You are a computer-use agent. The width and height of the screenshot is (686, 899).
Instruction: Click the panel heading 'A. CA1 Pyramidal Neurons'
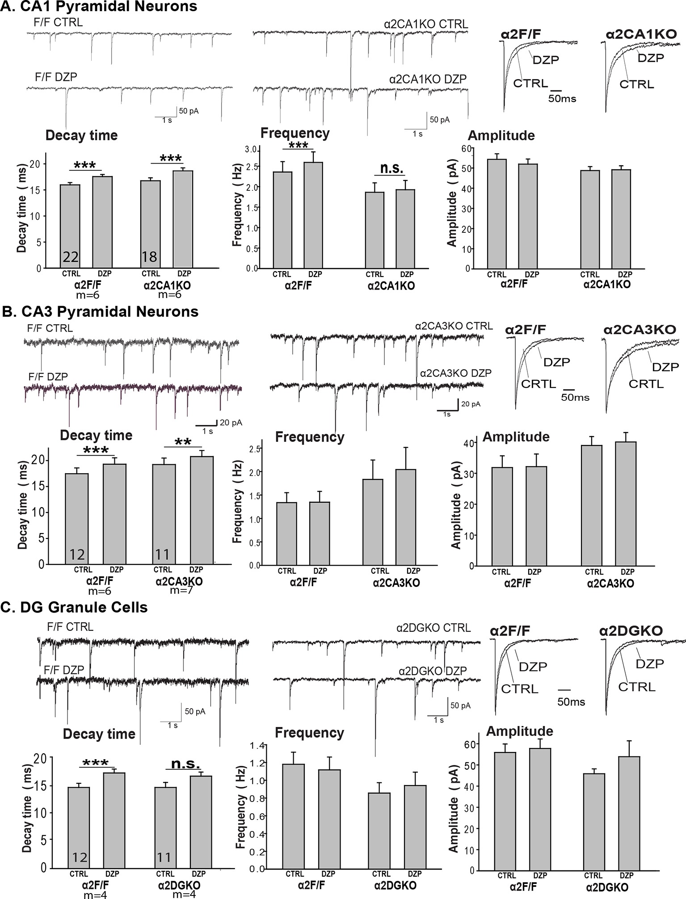click(x=99, y=7)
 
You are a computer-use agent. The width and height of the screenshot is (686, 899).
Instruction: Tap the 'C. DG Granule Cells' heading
click(x=75, y=607)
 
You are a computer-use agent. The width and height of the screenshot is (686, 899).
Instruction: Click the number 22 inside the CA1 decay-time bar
click(x=71, y=257)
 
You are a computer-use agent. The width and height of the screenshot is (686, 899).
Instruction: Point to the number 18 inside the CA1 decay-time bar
click(x=150, y=257)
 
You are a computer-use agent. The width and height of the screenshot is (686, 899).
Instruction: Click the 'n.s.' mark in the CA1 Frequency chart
click(x=391, y=168)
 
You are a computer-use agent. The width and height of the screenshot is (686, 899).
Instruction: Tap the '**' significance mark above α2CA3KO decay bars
click(x=183, y=442)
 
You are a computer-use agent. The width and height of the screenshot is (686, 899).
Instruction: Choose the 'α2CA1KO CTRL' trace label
click(x=426, y=24)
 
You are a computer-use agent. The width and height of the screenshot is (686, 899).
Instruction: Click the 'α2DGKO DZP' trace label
click(x=432, y=671)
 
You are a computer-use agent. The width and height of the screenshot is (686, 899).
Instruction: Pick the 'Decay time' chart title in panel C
click(x=99, y=734)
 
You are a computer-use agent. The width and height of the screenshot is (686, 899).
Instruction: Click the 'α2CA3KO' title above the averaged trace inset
click(x=640, y=330)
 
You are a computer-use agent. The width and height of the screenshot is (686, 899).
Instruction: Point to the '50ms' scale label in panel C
click(x=571, y=702)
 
